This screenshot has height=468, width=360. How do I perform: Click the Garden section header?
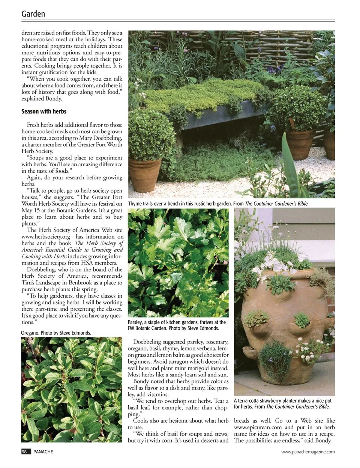(x=33, y=14)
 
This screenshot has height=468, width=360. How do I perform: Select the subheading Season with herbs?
(x=44, y=111)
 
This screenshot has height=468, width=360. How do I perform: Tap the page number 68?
(x=24, y=452)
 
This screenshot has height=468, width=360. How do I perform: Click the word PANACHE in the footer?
(x=43, y=452)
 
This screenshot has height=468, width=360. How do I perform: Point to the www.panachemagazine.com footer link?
(x=308, y=452)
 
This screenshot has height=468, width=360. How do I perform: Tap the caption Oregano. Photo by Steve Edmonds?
(x=56, y=333)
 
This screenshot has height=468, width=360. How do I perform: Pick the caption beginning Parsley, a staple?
(x=177, y=325)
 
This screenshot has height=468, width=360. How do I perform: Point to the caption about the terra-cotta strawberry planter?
(x=282, y=403)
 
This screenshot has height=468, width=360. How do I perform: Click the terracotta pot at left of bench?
(x=145, y=174)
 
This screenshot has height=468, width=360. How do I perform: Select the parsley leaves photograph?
(x=178, y=263)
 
